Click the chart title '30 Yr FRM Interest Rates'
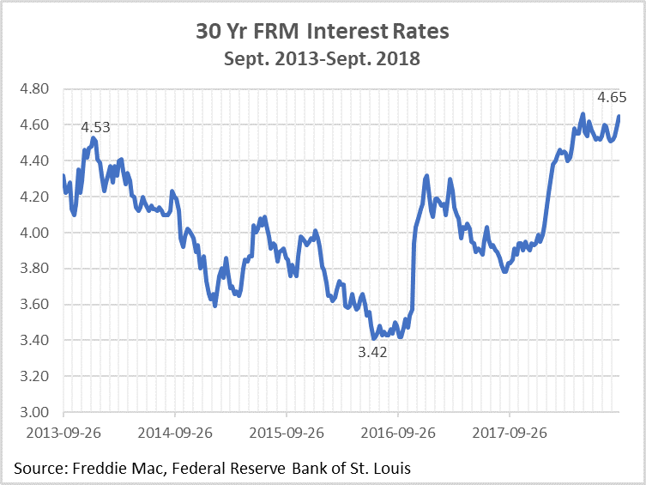click(x=323, y=33)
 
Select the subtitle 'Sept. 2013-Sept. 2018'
click(x=323, y=59)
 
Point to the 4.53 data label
click(x=95, y=128)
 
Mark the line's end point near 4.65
click(x=619, y=117)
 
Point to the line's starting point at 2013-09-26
click(x=63, y=177)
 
